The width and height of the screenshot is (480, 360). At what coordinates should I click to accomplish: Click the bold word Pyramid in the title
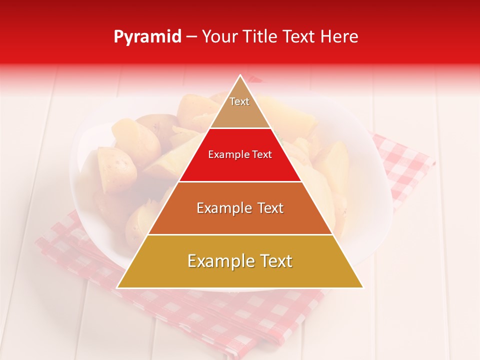pos(147,37)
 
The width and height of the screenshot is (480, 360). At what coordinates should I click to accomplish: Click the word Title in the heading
pos(260,37)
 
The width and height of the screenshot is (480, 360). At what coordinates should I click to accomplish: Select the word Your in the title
pos(218,37)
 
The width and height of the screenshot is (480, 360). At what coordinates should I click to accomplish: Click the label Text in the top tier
pos(239,101)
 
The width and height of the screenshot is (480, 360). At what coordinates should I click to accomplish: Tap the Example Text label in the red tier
pos(240,154)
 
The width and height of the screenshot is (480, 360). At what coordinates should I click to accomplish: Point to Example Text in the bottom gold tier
pos(240,261)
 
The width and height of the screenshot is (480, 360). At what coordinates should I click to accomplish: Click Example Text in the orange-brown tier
pos(240,208)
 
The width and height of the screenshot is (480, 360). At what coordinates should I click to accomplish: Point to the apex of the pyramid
pos(240,76)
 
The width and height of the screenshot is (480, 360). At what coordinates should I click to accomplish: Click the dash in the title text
pos(191,37)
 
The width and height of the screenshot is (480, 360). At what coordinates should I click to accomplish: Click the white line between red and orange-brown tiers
pos(240,181)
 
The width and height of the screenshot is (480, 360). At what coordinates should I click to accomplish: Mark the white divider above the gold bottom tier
pos(240,234)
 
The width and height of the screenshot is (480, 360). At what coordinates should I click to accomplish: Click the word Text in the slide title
pos(298,37)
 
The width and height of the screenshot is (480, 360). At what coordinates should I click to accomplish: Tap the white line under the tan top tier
pos(240,128)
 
